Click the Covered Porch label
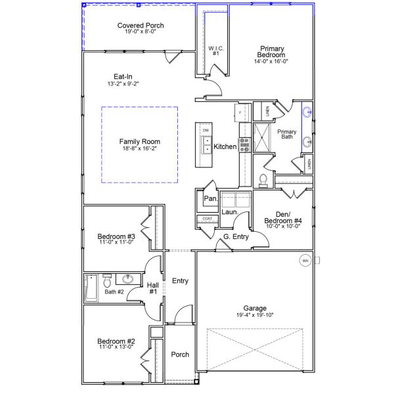click(x=141, y=26)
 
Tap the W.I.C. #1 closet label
click(x=215, y=50)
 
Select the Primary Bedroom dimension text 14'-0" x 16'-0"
click(x=271, y=61)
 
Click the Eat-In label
click(x=123, y=77)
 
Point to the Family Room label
click(x=139, y=141)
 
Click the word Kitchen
click(x=225, y=146)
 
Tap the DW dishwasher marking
click(x=206, y=131)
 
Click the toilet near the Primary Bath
click(x=263, y=179)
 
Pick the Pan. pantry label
click(x=210, y=198)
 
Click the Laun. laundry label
click(x=229, y=212)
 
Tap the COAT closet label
click(x=208, y=219)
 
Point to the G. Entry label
click(x=236, y=236)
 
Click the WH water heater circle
click(x=305, y=261)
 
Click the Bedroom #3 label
click(x=116, y=236)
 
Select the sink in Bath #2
click(x=129, y=279)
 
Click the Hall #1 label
click(x=152, y=288)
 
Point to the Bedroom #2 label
click(x=116, y=341)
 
